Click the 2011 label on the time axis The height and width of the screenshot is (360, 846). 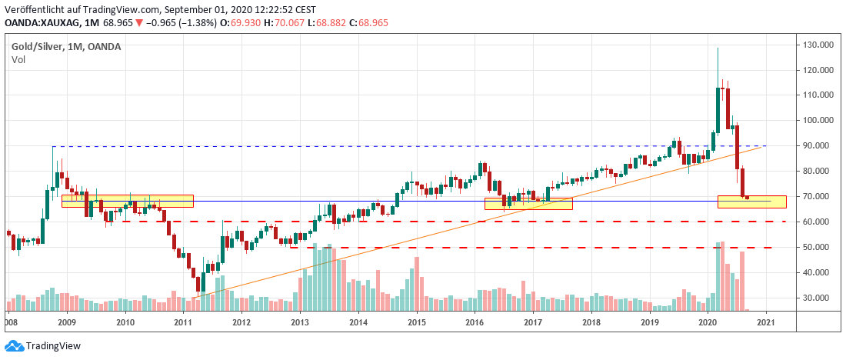(x=182, y=323)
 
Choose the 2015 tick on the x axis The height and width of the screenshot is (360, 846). (x=416, y=323)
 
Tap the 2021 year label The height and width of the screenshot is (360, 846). (x=765, y=323)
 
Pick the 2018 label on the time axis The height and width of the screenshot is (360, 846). (x=591, y=323)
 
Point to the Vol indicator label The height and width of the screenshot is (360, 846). (x=18, y=59)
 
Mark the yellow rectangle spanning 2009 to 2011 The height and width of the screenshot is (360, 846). (x=127, y=201)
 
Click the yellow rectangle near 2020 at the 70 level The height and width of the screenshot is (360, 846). (x=751, y=202)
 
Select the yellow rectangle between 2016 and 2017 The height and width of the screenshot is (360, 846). (x=528, y=204)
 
